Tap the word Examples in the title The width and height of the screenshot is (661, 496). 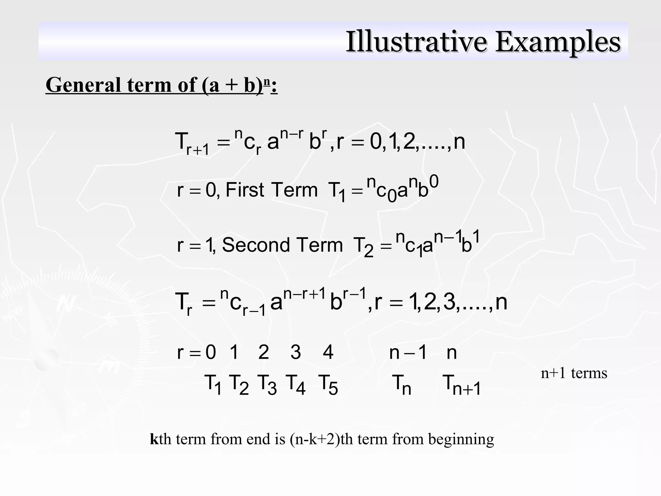(x=557, y=42)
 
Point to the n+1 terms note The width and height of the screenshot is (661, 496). (x=574, y=373)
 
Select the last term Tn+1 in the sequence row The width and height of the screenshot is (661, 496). (x=461, y=385)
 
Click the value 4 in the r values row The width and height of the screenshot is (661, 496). (x=328, y=352)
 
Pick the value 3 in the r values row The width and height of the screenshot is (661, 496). (x=296, y=352)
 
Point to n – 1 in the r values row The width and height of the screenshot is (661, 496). (x=408, y=352)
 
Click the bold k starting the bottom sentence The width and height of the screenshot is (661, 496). (x=154, y=439)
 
